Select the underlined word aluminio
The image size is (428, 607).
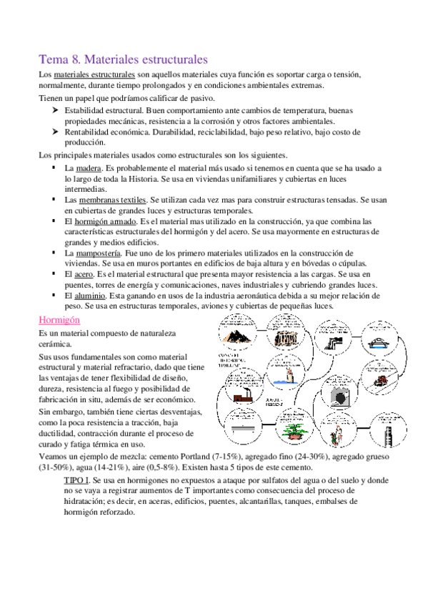pyautogui.click(x=89, y=295)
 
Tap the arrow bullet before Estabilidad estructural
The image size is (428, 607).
pyautogui.click(x=54, y=111)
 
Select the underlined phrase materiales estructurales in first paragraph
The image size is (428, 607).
pyautogui.click(x=94, y=74)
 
